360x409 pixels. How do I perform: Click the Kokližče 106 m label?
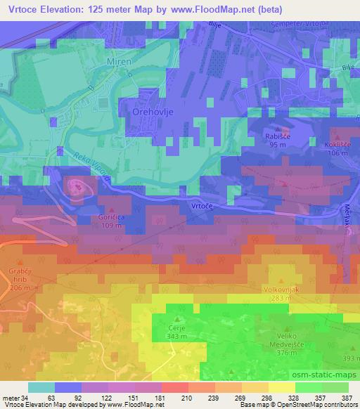tap(338, 149)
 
